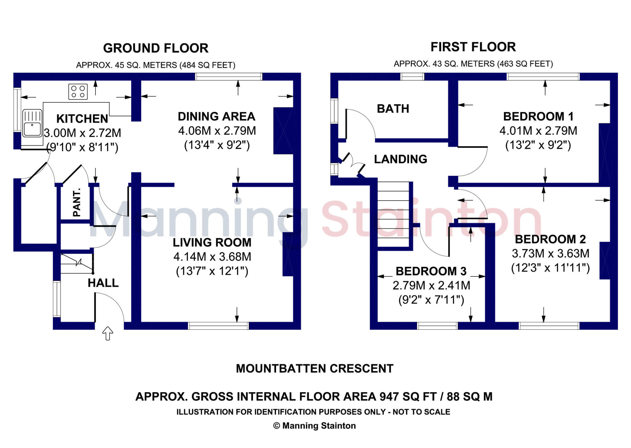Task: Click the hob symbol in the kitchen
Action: coord(78,92)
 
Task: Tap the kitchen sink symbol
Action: coord(32,124)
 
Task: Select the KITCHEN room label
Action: coord(82,119)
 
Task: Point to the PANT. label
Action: coord(77,202)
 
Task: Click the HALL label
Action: coord(103,283)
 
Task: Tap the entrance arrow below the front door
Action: coord(108,333)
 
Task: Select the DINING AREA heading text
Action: coord(217,116)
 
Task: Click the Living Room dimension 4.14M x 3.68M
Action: coord(212,257)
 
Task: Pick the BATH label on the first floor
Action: coord(393,109)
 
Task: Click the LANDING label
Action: coord(401,159)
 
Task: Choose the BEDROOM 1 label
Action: coord(538,116)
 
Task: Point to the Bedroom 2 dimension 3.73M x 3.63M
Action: coord(551,254)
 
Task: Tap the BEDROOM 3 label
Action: coord(431,271)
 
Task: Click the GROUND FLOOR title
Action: coord(156,48)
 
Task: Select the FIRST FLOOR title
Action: coord(473,47)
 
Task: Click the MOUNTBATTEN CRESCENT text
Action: coord(315,369)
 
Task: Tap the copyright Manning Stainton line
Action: coord(315,426)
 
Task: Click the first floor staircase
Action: coord(393,214)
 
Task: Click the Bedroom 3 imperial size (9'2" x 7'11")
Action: coord(431,300)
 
